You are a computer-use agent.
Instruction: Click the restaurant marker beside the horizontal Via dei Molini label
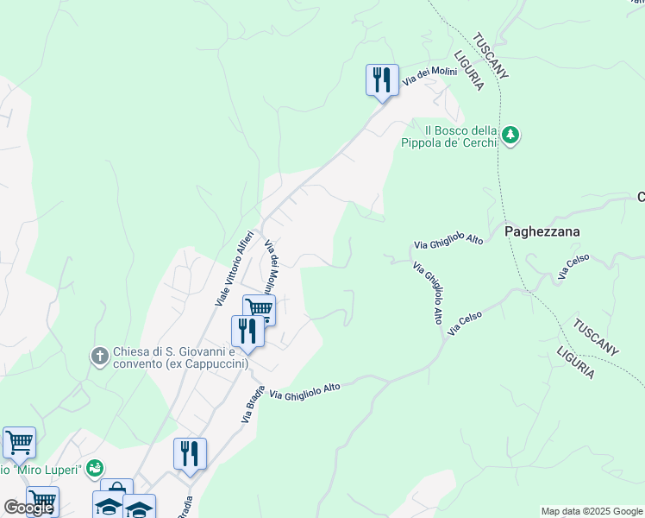[380, 80]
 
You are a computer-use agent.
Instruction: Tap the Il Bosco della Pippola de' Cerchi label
[449, 136]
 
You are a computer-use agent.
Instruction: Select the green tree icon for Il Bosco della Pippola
[511, 136]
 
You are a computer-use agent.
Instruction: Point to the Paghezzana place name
[542, 231]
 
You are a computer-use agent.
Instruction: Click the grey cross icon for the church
[100, 356]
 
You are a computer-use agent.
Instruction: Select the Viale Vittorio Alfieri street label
[234, 268]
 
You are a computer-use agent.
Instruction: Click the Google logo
[28, 508]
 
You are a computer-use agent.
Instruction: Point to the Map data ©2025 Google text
[592, 511]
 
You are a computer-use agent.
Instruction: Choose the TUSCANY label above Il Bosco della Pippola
[491, 55]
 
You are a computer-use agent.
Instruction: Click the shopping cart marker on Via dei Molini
[259, 308]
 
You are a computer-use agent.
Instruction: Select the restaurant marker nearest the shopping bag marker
[191, 453]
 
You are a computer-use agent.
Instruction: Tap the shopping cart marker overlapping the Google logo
[41, 500]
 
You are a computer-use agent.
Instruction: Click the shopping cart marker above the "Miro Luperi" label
[19, 442]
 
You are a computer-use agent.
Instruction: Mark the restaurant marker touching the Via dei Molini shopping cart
[247, 330]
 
